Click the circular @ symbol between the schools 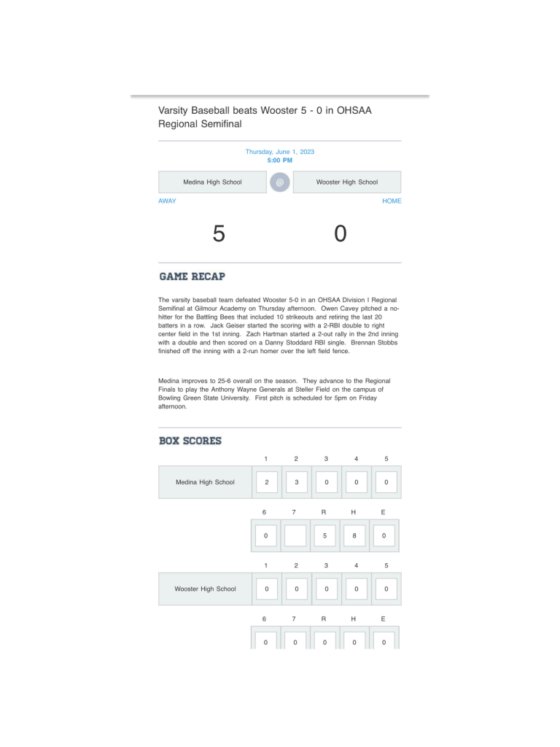279,182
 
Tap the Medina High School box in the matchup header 212,182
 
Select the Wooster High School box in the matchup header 347,182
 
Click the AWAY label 167,201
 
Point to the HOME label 392,201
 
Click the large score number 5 219,234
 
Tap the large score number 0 341,234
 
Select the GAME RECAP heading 192,276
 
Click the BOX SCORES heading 190,441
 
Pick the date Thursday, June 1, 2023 279,152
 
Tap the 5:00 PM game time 279,160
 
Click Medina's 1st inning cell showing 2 266,482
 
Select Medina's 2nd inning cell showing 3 296,482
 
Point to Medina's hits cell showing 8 354,535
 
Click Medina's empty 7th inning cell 295,535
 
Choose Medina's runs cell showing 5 324,535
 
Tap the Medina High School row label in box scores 205,482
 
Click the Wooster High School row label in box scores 205,589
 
